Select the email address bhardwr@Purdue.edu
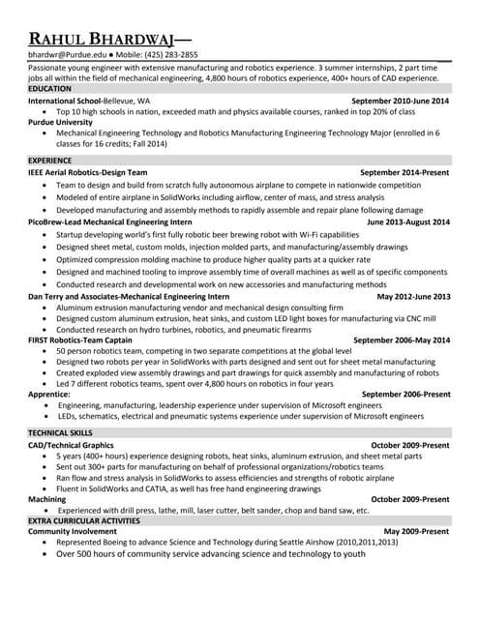tap(64, 55)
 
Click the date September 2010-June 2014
tap(400, 101)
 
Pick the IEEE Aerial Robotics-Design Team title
tap(95, 171)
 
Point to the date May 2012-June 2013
tap(413, 296)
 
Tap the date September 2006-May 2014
tap(402, 340)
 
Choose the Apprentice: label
tap(49, 395)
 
